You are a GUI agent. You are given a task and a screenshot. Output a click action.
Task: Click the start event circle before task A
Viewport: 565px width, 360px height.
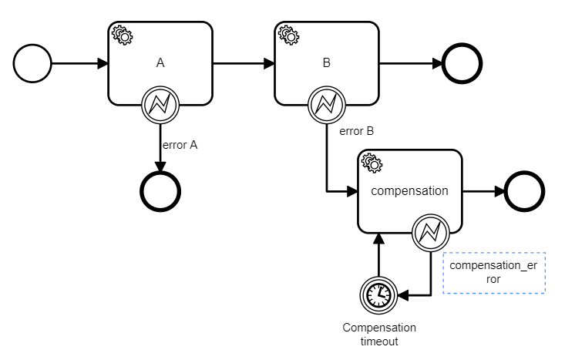click(32, 63)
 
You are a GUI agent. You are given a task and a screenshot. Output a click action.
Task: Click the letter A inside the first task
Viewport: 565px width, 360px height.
click(160, 62)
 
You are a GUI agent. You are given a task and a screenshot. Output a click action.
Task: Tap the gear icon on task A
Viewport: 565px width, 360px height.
click(121, 34)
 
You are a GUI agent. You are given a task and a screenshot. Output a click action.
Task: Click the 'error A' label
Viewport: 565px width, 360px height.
click(179, 144)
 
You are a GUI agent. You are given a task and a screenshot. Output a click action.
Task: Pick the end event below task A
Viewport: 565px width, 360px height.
click(160, 189)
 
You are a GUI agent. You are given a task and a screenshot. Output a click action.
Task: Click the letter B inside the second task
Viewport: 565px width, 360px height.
click(326, 62)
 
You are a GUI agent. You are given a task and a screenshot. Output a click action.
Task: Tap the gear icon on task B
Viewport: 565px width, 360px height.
click(288, 34)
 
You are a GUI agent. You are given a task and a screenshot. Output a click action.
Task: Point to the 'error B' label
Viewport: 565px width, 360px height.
click(357, 130)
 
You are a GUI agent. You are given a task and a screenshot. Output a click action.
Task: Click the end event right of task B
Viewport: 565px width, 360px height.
click(462, 63)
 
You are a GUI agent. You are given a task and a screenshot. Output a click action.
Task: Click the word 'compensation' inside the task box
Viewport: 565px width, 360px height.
click(409, 190)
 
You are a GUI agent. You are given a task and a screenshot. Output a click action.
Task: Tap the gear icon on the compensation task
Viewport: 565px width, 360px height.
click(371, 162)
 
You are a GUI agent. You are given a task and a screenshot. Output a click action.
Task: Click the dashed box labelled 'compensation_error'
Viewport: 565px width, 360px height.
click(494, 273)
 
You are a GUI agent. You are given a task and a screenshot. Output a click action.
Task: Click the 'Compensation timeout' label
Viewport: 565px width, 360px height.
click(379, 334)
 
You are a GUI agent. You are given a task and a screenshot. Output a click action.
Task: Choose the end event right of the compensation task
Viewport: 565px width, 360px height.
click(523, 190)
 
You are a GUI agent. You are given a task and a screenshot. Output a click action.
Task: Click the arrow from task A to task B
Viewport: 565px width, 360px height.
click(244, 63)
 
